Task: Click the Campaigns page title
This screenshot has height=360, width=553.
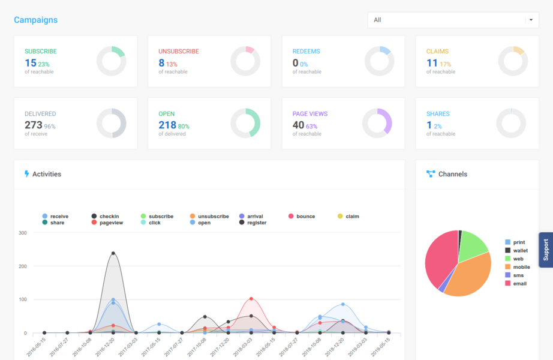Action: [36, 20]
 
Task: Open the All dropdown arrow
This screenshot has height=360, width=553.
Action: [530, 20]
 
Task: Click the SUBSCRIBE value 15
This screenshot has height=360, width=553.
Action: [31, 62]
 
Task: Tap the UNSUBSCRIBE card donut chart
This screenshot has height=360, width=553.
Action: [245, 61]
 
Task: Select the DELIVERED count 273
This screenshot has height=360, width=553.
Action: [34, 125]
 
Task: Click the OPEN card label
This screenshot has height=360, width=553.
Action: [167, 113]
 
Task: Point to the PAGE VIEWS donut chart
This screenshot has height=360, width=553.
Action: [377, 123]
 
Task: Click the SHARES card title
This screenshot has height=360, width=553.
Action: [438, 113]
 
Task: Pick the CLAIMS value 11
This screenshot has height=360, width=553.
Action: [432, 62]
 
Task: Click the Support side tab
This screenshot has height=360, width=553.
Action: [546, 250]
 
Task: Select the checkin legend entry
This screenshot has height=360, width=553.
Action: [106, 216]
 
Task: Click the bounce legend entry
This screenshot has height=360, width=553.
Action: [302, 216]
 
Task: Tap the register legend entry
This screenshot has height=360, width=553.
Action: [253, 223]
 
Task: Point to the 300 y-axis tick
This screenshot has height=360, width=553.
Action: [22, 233]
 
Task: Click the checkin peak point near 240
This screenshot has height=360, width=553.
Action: [113, 253]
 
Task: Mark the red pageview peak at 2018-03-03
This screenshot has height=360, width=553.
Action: [251, 299]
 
